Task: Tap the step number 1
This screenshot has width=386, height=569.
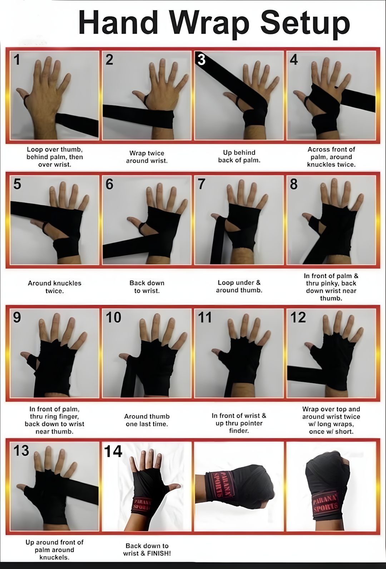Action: (x=17, y=60)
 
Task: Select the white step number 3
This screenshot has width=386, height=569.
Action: (x=201, y=60)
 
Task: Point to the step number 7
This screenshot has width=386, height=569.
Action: (x=201, y=184)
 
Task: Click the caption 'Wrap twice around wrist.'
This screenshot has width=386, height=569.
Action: (x=147, y=157)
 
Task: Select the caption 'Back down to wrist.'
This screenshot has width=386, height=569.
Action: (x=147, y=287)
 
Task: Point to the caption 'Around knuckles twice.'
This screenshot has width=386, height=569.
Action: (x=55, y=287)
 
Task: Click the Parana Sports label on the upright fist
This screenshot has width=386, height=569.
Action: (x=325, y=500)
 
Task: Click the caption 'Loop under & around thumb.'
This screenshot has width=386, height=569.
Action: (x=239, y=286)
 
